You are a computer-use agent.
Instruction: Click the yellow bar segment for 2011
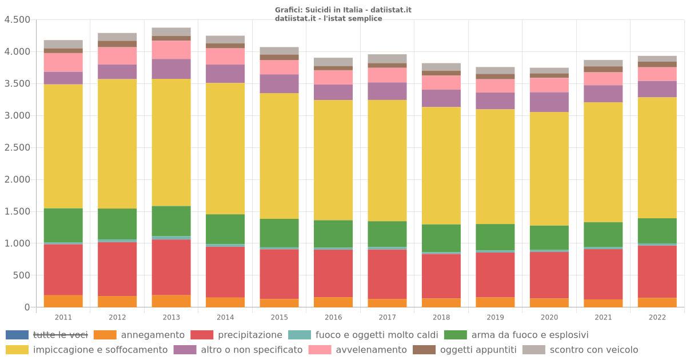pos(63,146)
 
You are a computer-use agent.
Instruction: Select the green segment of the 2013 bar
pos(171,221)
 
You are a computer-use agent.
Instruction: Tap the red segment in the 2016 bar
pos(333,273)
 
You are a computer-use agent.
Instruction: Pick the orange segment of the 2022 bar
pos(657,302)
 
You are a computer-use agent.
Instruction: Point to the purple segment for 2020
pos(549,102)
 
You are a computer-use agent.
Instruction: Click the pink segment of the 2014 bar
pos(225,56)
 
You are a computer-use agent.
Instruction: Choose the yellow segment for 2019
pos(495,166)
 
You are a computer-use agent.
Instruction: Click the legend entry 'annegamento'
pos(153,335)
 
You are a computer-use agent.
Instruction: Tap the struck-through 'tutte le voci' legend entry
pos(60,335)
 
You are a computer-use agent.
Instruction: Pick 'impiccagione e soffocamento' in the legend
pos(100,350)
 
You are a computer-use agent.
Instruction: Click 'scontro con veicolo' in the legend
pos(593,350)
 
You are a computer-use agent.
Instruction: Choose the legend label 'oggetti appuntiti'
pos(478,350)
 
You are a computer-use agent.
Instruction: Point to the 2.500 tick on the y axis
pos(17,147)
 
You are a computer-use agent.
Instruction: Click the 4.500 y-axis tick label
pos(17,19)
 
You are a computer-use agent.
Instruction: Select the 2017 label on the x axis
pos(387,317)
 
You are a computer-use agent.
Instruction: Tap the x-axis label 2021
pos(603,317)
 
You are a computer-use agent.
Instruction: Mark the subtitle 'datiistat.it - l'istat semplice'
pos(329,18)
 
